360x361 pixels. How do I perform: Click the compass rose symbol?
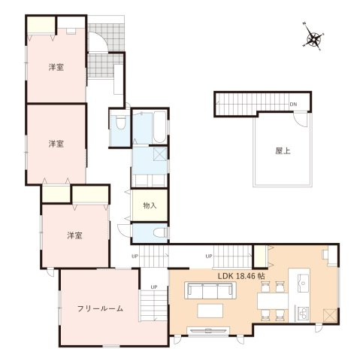point(313,38)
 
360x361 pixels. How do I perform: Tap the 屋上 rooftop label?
point(283,150)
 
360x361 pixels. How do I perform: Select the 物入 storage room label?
point(150,205)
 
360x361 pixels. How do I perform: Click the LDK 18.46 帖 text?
point(241,276)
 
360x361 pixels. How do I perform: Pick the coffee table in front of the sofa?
point(210,310)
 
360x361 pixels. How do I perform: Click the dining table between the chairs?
point(273,300)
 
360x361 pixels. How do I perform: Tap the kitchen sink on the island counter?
point(304,283)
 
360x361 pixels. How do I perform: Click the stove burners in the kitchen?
point(303,312)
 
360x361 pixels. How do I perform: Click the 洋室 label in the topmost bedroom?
point(56,67)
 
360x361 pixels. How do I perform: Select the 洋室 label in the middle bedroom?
point(56,143)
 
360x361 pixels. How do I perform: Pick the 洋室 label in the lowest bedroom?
point(74,235)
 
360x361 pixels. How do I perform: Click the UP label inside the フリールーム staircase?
point(153,287)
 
